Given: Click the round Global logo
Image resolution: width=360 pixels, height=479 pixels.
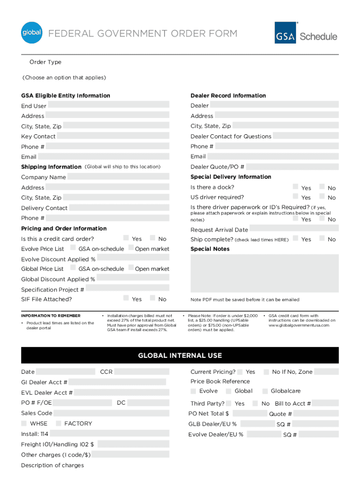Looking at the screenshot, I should click(32, 33).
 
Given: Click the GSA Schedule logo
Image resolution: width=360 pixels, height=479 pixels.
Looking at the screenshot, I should click(306, 33).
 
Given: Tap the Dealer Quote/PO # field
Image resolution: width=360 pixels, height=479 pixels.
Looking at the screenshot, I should click(292, 167).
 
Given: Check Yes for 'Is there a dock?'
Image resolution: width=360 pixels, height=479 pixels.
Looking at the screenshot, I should click(295, 187).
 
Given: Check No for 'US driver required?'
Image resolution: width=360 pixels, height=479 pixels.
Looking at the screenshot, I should click(322, 197).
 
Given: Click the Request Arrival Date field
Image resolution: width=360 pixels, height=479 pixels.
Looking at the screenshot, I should click(294, 229).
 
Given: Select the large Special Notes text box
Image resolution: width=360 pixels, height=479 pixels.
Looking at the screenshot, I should click(264, 273).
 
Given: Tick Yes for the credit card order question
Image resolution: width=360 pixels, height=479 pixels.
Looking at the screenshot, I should click(126, 239).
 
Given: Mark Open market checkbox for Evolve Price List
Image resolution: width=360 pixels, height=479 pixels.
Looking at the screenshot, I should click(131, 248).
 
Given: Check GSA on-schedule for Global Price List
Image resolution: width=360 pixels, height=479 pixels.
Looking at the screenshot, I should click(73, 268).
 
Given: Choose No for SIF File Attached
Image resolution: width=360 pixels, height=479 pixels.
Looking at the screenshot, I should click(152, 298).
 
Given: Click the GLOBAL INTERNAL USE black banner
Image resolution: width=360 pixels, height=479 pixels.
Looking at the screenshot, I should click(180, 356).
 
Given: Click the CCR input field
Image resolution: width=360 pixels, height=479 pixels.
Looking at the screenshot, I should click(141, 372).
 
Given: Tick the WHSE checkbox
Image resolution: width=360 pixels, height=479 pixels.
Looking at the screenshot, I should click(24, 423).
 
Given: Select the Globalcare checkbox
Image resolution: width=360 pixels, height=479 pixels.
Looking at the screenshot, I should click(266, 391).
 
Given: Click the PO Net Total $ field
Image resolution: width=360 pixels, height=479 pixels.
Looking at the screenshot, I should click(249, 414).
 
